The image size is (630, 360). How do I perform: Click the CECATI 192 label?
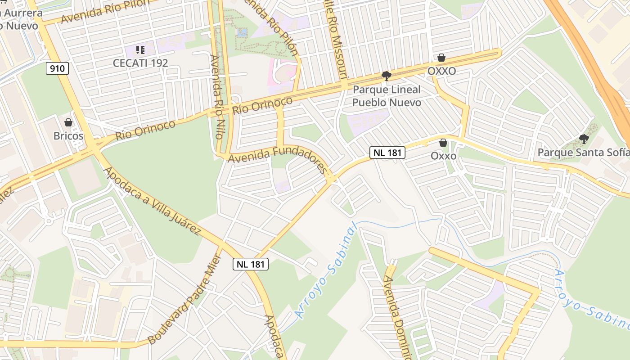(x=140, y=63)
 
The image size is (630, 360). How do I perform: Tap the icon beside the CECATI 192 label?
(x=140, y=49)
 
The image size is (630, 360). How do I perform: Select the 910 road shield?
(x=57, y=68)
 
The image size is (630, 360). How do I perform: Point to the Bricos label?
(x=68, y=135)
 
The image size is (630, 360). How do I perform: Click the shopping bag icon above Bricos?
(x=68, y=122)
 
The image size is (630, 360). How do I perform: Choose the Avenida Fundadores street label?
(x=277, y=156)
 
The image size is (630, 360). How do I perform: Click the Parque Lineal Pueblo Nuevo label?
(x=387, y=96)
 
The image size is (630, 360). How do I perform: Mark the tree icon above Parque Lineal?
(x=386, y=76)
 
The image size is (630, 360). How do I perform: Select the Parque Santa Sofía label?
(x=583, y=153)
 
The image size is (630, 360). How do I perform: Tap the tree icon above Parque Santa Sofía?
(x=584, y=139)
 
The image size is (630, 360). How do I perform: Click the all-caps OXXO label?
(x=441, y=71)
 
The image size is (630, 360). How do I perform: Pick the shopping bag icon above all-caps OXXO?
(x=441, y=58)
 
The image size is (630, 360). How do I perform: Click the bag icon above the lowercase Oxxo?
(x=443, y=143)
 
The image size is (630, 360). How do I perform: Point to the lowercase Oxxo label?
(x=443, y=156)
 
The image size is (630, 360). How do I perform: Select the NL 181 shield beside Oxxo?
(x=387, y=153)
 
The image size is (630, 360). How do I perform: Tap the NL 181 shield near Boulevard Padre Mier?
(x=251, y=264)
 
